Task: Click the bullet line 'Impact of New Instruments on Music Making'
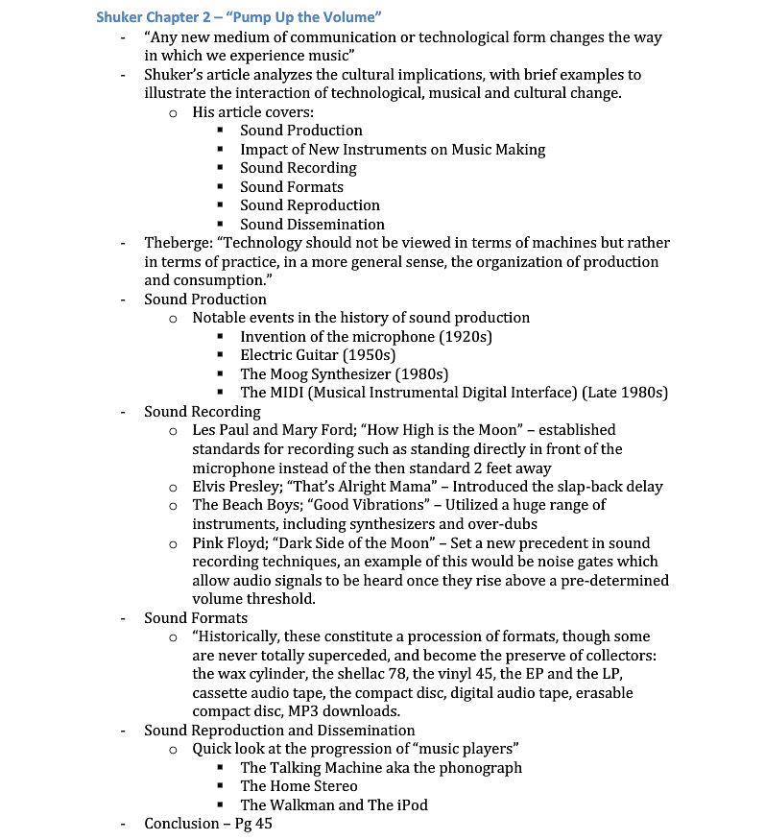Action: tap(392, 150)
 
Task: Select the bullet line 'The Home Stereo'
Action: tap(299, 786)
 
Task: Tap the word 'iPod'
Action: tap(412, 804)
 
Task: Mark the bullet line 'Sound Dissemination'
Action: tap(312, 225)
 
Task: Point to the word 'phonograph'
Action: tap(480, 768)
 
